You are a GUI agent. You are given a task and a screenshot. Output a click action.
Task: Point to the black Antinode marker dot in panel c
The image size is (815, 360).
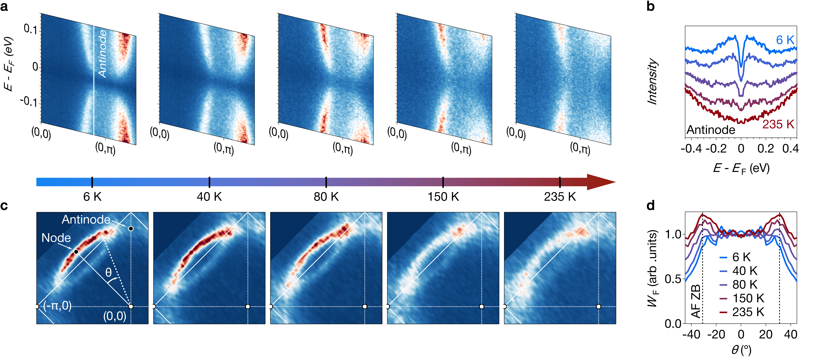131,228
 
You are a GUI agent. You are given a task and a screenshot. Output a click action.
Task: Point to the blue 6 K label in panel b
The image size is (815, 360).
785,40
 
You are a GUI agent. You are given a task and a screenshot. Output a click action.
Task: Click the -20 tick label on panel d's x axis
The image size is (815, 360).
716,334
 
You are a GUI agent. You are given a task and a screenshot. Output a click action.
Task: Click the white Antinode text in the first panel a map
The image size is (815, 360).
103,54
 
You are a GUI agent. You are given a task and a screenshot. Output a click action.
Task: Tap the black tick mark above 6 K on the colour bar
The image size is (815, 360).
92,182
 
